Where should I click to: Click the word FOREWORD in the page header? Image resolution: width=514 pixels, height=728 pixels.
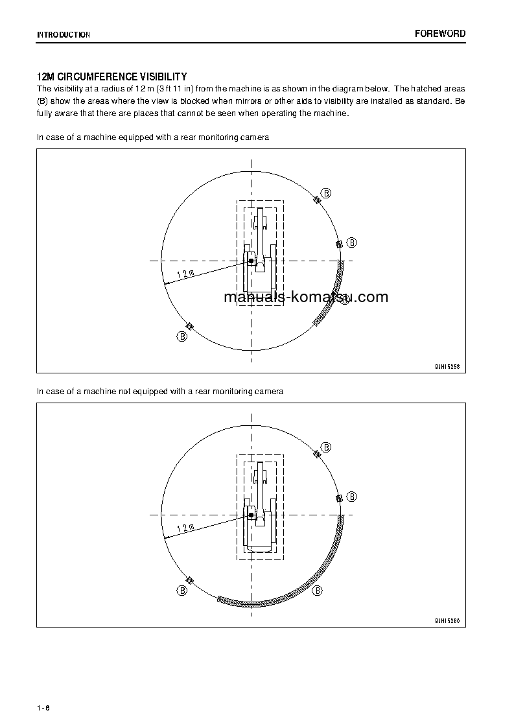coord(440,34)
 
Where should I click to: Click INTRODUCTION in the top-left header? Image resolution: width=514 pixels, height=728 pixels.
coord(64,35)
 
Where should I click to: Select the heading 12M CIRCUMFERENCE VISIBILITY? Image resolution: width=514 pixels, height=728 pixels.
coord(112,76)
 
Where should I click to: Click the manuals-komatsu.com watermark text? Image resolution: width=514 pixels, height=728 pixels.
coord(305,298)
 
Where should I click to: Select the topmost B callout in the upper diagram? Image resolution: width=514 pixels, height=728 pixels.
coord(327,193)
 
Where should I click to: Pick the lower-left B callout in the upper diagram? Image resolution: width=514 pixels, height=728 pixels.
coord(183,336)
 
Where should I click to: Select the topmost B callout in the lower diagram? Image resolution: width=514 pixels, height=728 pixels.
coord(327,447)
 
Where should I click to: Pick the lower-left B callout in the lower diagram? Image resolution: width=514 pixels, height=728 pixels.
coord(183,591)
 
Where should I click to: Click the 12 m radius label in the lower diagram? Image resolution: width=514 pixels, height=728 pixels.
coord(185,528)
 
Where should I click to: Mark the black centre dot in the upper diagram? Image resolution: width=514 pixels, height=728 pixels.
coord(251,261)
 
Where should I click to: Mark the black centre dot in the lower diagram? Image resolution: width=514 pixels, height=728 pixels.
coord(251,515)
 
